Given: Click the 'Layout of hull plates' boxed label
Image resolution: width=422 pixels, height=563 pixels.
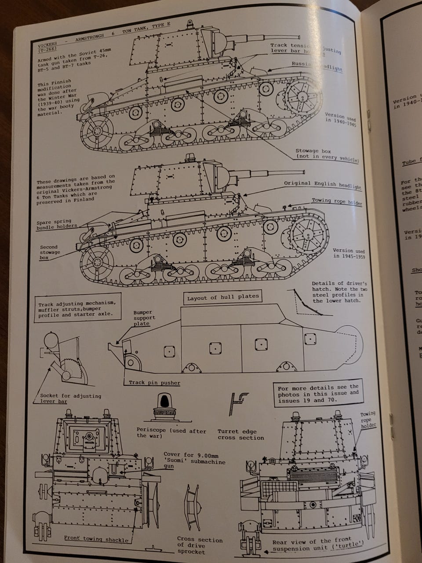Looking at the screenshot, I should (x=223, y=297).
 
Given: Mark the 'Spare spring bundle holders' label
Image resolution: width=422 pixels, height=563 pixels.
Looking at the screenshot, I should (x=56, y=224).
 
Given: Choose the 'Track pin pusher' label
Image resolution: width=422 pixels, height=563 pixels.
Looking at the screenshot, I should (x=154, y=383).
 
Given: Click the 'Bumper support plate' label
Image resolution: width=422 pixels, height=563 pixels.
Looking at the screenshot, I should (x=144, y=318).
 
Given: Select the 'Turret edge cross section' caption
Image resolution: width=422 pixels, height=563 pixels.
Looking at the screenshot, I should (x=240, y=435).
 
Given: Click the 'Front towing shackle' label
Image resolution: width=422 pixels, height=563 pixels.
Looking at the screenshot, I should (x=96, y=538).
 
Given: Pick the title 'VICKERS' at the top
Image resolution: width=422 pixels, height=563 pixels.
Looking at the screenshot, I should (x=48, y=44).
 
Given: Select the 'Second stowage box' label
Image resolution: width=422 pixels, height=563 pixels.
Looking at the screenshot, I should (x=50, y=252).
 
